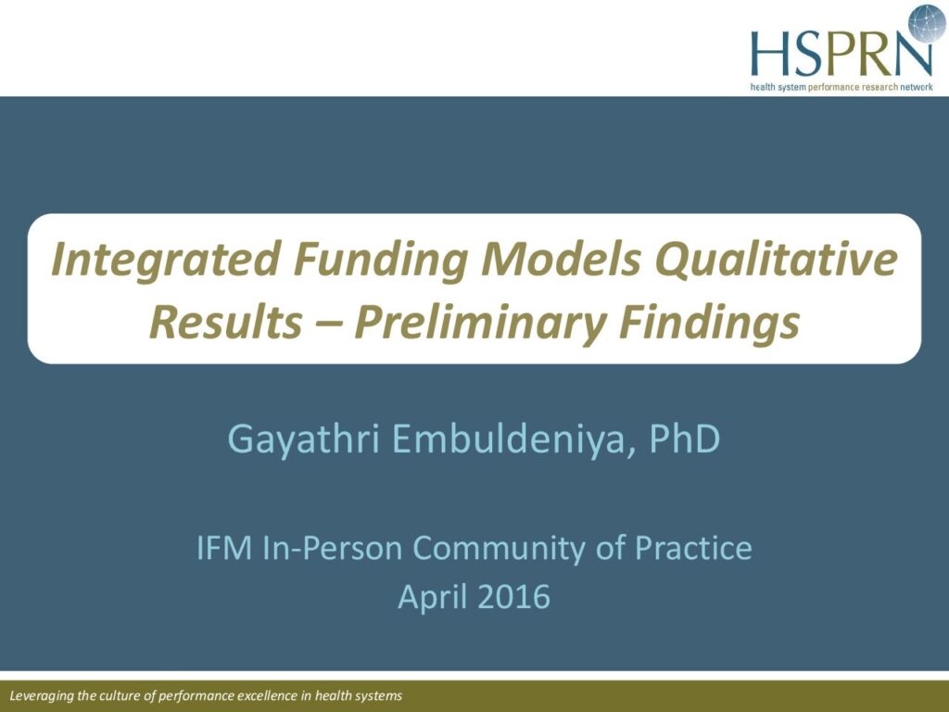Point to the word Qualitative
point(776,260)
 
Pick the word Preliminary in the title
point(479,324)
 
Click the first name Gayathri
point(304,439)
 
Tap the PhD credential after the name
point(685,439)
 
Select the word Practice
point(693,548)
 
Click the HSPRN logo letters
point(841,52)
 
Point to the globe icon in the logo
point(927,23)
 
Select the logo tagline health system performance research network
point(841,87)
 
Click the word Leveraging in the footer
point(42,696)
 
